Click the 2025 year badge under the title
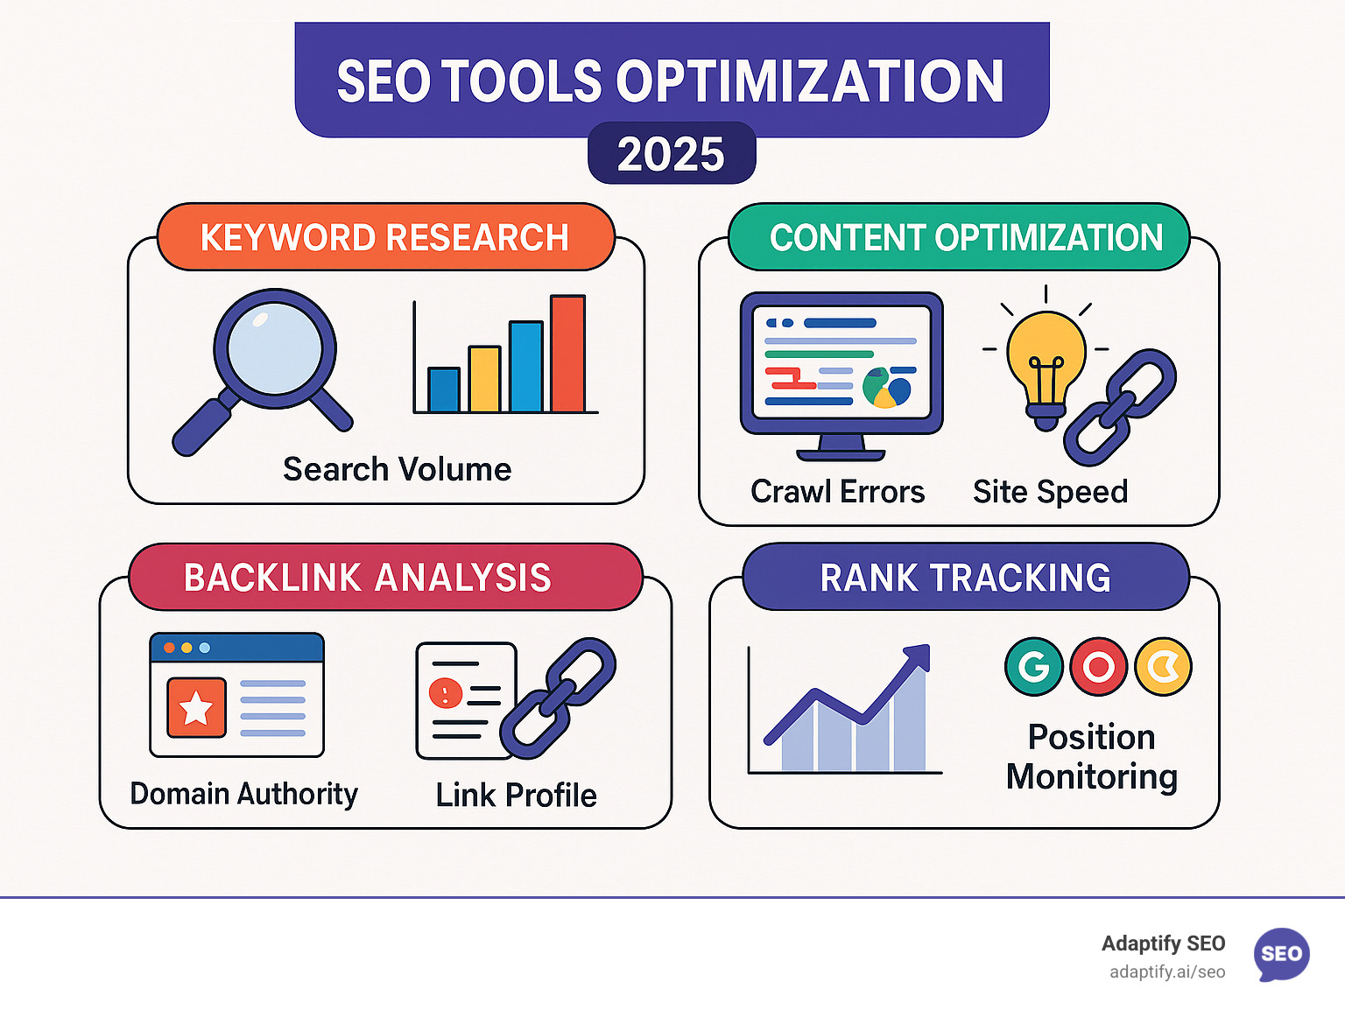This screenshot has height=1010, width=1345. [672, 153]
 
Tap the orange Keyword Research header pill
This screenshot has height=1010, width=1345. [386, 237]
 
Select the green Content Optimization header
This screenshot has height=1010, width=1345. [959, 237]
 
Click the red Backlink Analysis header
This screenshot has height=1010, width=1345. [386, 577]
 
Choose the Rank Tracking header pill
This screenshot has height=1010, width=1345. [966, 577]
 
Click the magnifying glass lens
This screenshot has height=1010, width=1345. [274, 348]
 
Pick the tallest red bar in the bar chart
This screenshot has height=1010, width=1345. [568, 354]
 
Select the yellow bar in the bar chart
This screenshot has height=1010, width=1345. [485, 379]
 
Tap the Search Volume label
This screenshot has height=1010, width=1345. [397, 470]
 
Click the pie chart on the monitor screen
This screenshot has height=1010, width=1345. [887, 388]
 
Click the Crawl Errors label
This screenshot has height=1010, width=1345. [838, 492]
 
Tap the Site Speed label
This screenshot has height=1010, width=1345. [1050, 492]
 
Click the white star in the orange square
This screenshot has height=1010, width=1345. [196, 707]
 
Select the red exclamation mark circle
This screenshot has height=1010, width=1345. [446, 693]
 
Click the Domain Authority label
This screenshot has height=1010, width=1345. [244, 794]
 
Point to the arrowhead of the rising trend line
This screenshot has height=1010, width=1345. [919, 656]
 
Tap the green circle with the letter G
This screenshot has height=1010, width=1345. [1034, 666]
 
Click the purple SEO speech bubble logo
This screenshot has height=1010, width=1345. [1282, 954]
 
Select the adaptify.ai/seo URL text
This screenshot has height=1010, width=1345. [1167, 972]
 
